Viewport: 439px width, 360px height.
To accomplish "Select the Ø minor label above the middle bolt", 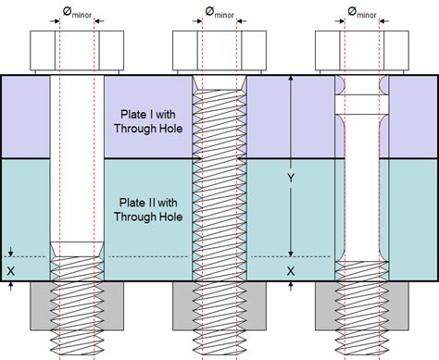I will pos(220,13).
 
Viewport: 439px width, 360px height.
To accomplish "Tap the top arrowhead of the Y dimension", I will pos(292,82).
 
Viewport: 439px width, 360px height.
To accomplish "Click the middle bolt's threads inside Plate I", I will pos(219,120).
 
